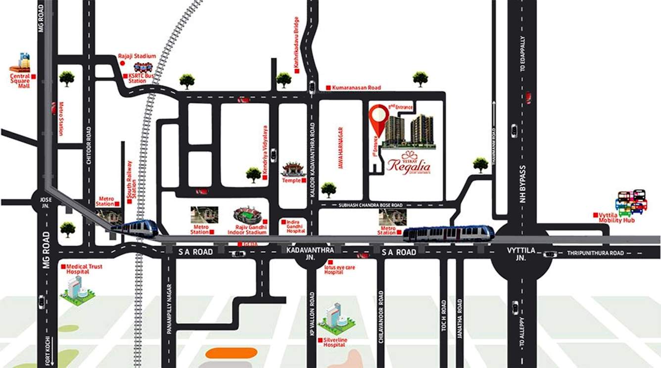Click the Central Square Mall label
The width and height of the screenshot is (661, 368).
click(20, 81)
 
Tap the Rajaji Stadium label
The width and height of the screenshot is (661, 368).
click(137, 56)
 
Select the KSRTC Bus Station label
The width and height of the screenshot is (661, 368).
click(142, 78)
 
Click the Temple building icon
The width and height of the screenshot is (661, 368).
click(291, 171)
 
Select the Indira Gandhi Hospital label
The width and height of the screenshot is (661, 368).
click(296, 227)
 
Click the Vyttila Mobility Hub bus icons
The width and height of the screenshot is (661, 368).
click(631, 201)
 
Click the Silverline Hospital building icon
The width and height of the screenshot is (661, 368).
click(337, 319)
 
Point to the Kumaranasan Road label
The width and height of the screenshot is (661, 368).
click(356, 88)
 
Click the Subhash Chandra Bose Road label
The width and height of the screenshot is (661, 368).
click(368, 205)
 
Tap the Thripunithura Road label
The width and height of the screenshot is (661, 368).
click(595, 253)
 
